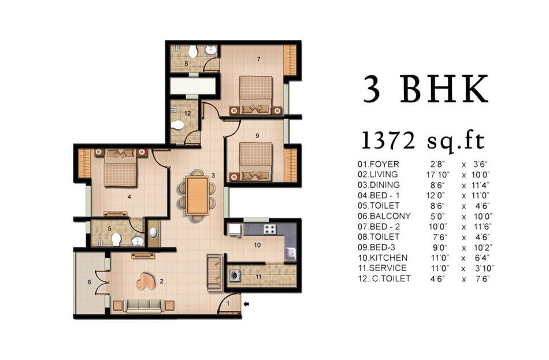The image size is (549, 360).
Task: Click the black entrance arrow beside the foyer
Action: click(247, 304)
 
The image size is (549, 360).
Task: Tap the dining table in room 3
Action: click(198, 195)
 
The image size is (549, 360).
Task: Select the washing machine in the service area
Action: click(235, 276)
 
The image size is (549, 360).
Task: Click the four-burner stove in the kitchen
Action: click(270, 229)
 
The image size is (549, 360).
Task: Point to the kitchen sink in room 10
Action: click(290, 254)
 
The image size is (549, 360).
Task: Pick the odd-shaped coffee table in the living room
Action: click(147, 281)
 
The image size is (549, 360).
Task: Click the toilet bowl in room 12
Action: click(178, 125)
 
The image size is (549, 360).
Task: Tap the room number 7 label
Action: click(259, 59)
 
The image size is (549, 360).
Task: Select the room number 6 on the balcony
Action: click(89, 282)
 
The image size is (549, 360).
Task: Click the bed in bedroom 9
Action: click(255, 161)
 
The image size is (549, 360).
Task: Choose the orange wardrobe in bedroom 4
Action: click(84, 163)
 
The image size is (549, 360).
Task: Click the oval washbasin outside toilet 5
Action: click(153, 233)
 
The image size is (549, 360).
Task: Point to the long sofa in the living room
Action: click(144, 306)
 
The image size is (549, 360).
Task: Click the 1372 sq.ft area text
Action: click(423, 141)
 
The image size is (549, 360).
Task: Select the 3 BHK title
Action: click(425, 89)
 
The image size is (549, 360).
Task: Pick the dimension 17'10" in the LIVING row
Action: click(438, 175)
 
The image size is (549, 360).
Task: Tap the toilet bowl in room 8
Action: click(193, 51)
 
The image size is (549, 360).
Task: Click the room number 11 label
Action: click(258, 277)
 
